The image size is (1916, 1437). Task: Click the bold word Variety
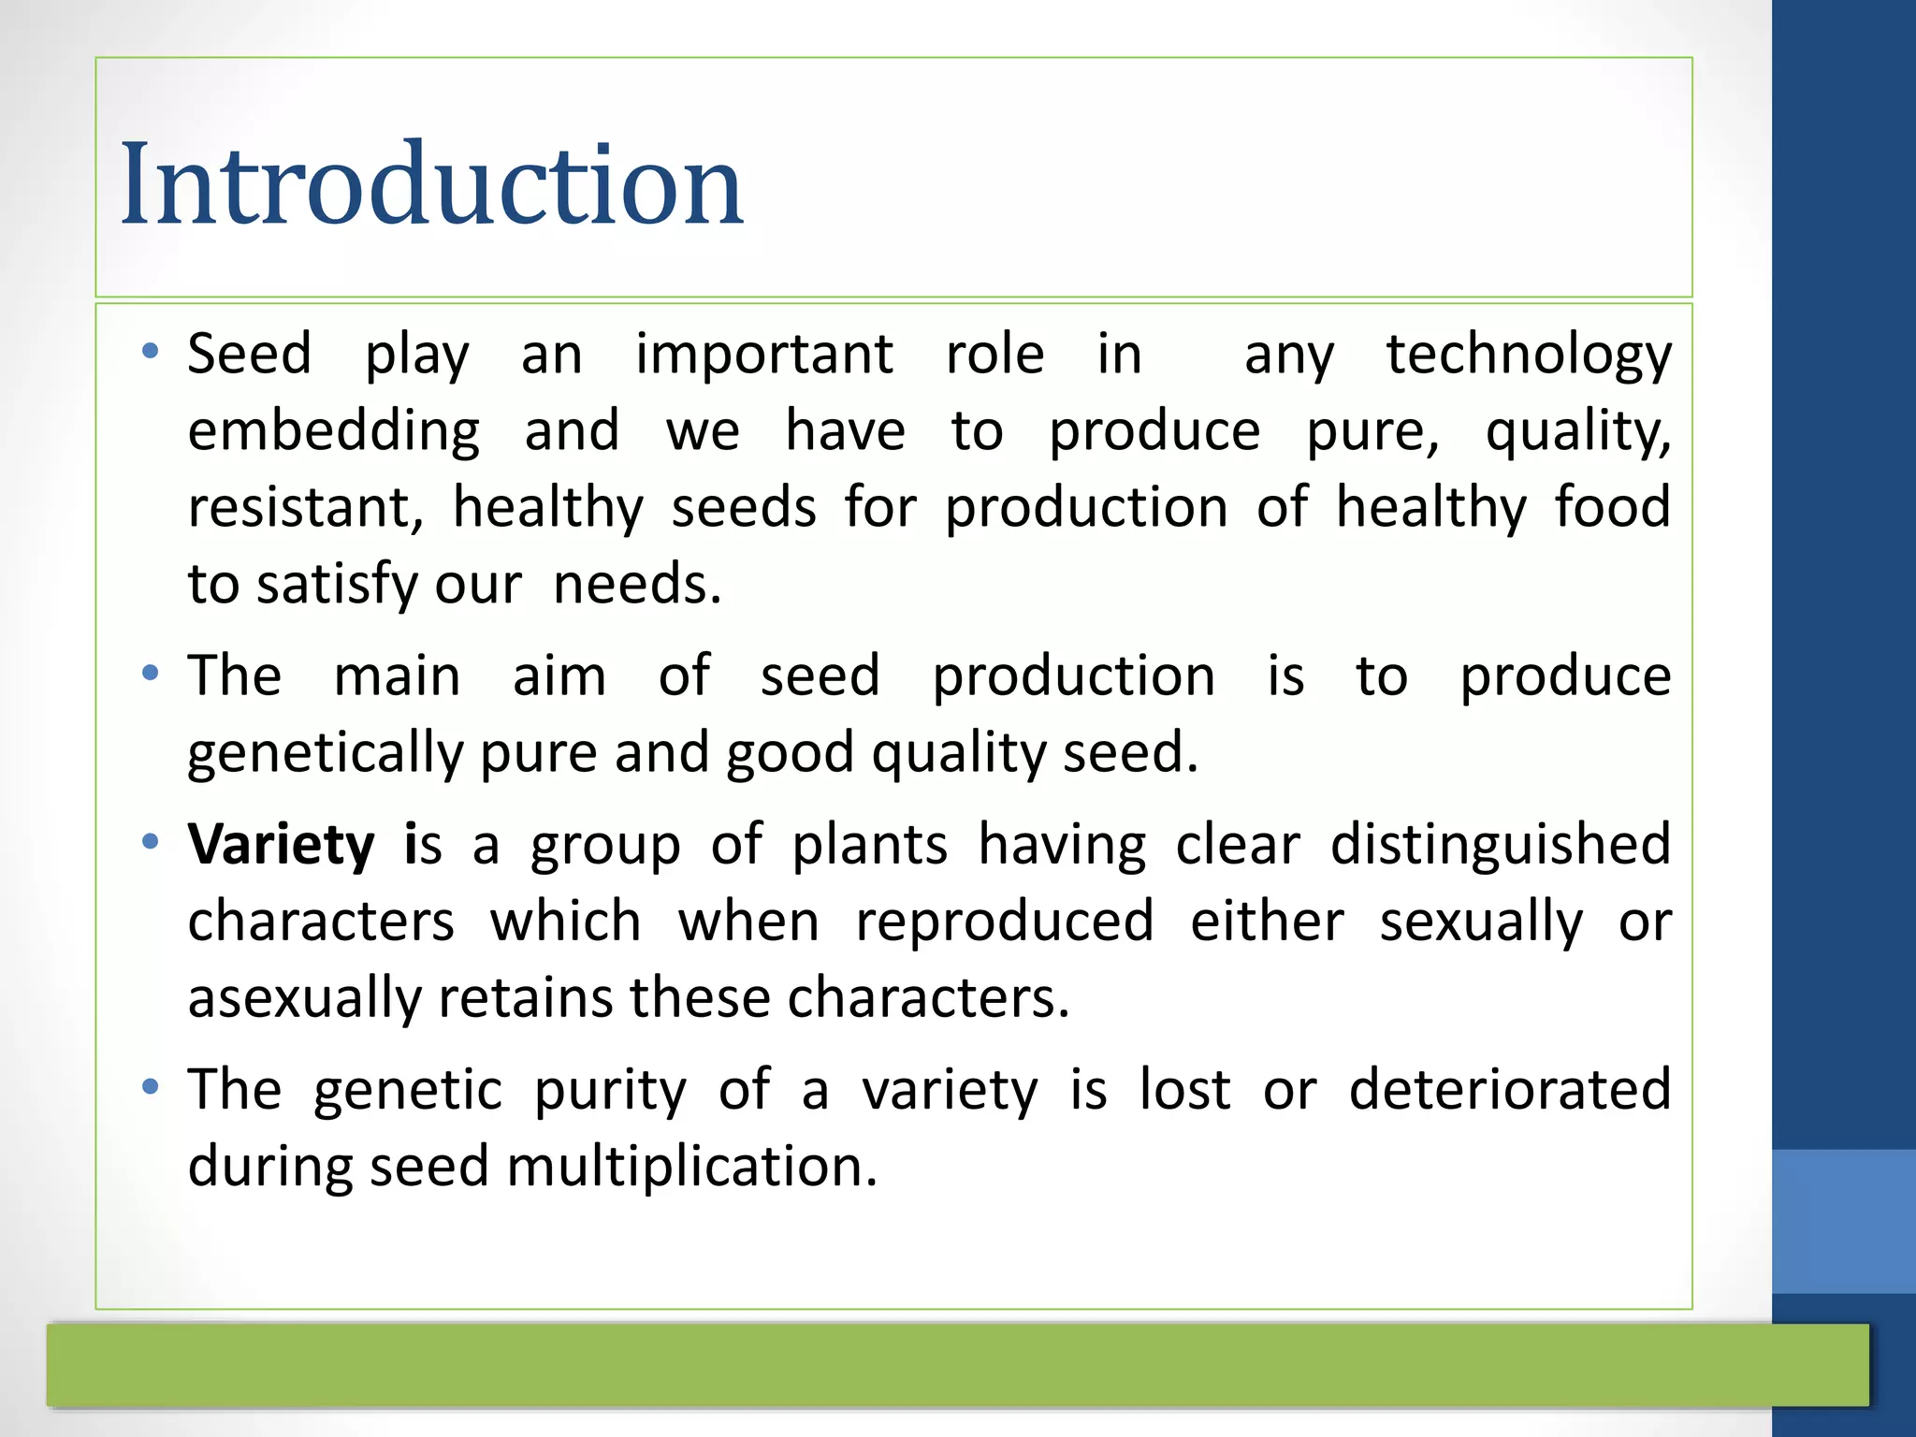281,844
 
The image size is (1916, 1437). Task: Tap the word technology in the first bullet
1529,356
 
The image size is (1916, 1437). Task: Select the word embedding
333,432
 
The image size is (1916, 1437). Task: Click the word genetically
325,754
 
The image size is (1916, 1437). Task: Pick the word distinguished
1500,844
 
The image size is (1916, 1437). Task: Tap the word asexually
305,997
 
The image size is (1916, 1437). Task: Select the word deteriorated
1509,1089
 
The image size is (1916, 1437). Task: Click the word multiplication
691,1168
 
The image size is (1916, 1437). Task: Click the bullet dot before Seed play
150,353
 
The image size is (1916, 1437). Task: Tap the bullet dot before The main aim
150,674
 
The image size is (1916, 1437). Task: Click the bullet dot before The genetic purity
150,1088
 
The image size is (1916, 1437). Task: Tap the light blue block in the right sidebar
1843,1221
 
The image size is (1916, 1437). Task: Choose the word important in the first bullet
764,356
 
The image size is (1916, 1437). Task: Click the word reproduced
1005,922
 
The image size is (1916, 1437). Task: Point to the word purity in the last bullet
610,1091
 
